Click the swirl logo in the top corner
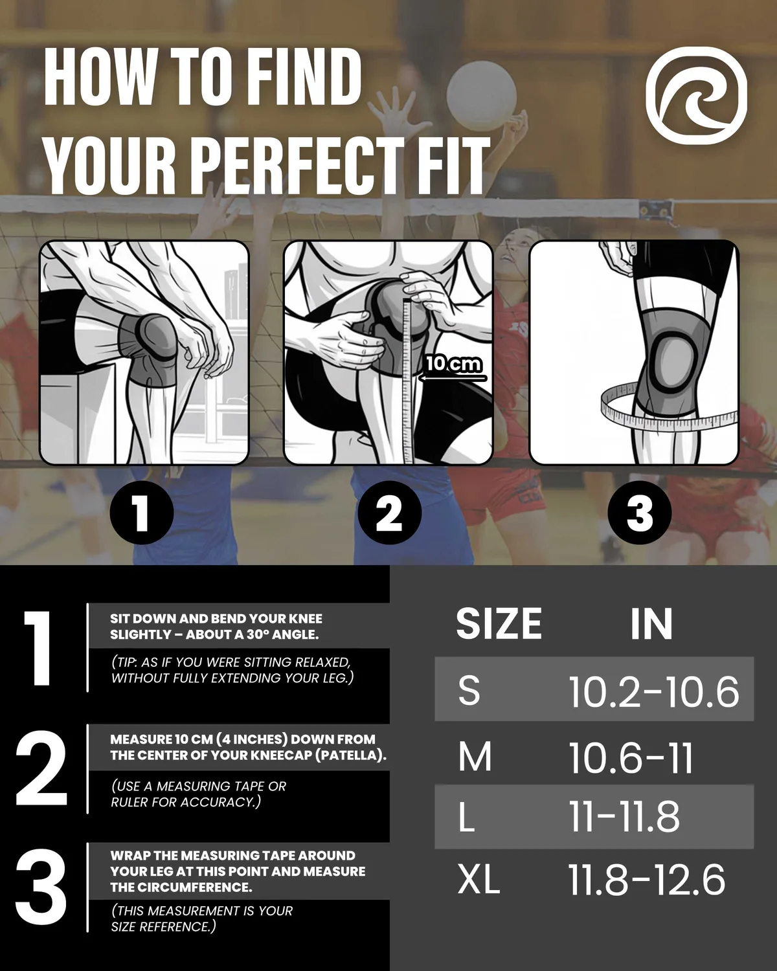tap(695, 96)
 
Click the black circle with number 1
tap(141, 513)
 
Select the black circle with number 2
tap(389, 513)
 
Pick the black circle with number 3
tap(639, 513)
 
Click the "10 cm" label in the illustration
tap(453, 363)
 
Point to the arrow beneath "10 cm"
tap(453, 378)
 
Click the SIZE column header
tap(499, 623)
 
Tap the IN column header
tap(651, 623)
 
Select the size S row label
tap(469, 691)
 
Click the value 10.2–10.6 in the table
tap(653, 691)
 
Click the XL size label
tap(479, 879)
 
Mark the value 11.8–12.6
tap(646, 880)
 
